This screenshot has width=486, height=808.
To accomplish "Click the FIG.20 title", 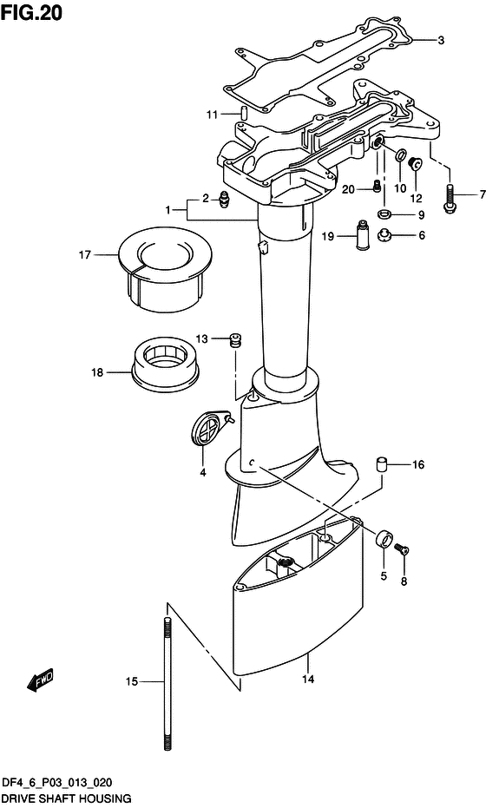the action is [31, 12].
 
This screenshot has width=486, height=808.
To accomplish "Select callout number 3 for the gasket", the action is [441, 40].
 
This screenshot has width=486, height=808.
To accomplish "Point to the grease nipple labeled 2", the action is [224, 198].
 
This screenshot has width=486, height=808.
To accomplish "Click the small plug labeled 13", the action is [235, 340].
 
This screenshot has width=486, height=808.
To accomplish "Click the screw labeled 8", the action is [401, 550].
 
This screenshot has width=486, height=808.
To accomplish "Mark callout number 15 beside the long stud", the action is [132, 682].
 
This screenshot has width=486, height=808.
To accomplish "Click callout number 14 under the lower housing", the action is [308, 680].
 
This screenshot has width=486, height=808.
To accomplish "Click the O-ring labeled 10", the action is [401, 156].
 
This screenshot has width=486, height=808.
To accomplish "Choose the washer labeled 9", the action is [383, 213].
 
